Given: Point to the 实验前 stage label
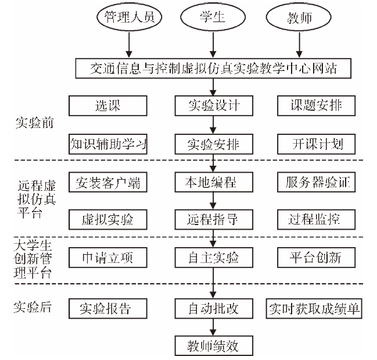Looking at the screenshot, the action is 34,123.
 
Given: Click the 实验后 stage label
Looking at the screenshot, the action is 33,307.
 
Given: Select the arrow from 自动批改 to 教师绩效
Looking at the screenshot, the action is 213,327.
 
